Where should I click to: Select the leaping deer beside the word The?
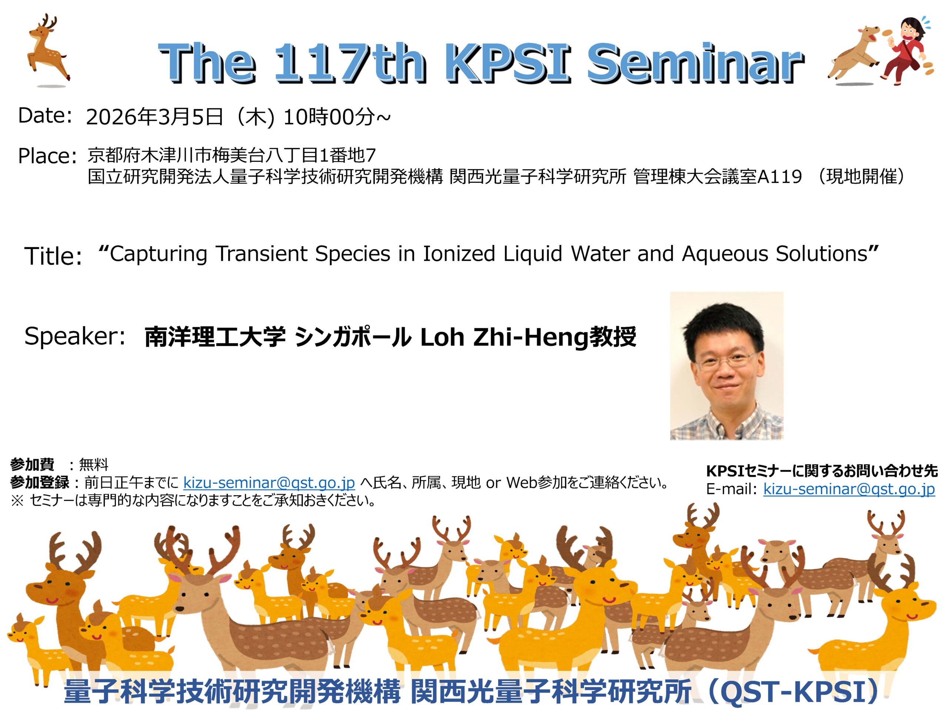coord(47,51)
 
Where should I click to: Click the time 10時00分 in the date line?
coord(329,117)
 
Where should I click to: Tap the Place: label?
coord(47,156)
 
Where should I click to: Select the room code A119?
coord(779,176)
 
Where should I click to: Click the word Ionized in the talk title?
coord(459,254)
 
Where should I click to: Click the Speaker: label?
coord(74,337)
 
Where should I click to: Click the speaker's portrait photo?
coord(727,366)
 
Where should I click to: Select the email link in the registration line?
coord(269,483)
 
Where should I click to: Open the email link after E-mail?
coord(849,489)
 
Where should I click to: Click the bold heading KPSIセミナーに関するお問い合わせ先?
coord(822,471)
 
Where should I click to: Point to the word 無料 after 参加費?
coord(94,465)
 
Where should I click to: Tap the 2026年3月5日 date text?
coord(155,117)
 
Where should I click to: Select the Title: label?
coord(53,256)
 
